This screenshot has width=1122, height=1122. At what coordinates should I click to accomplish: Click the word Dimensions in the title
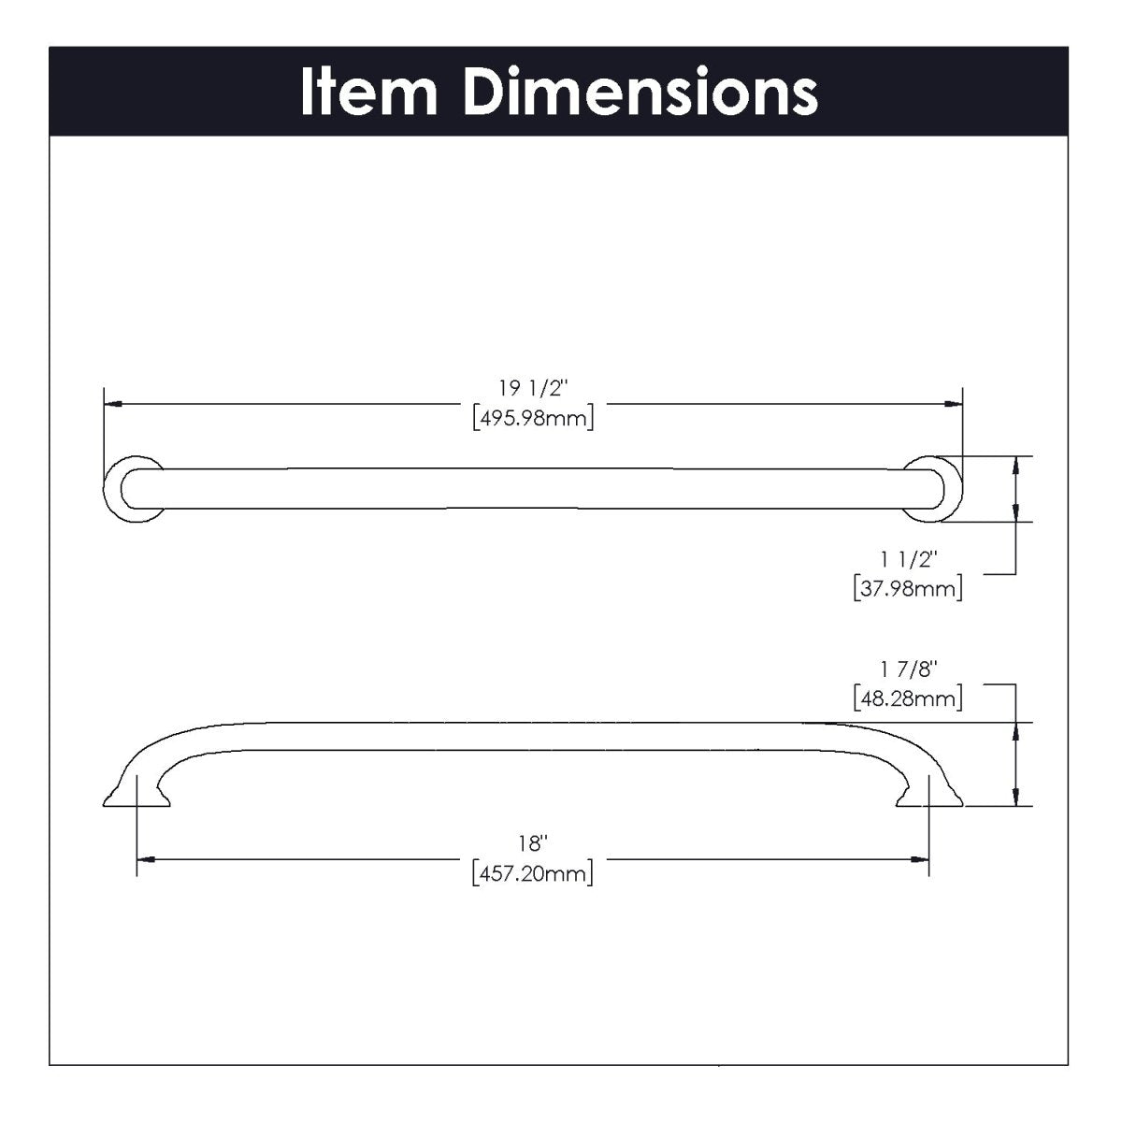coord(640,92)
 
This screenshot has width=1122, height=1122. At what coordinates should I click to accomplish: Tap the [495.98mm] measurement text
coord(533,418)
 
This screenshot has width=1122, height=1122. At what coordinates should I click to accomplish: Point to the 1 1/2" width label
coord(908,558)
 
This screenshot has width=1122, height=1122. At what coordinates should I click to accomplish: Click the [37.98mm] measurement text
coord(908,588)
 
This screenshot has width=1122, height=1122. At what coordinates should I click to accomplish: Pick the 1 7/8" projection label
coord(908,669)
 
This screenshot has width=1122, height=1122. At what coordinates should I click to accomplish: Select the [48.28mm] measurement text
coord(908,698)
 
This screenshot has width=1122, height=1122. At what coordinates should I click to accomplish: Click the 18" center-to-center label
coord(533,844)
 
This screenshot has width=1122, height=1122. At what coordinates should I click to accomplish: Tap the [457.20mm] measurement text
coord(533,874)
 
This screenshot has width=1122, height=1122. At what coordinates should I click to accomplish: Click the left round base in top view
coord(131,488)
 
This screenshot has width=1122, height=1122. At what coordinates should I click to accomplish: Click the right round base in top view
coord(935,488)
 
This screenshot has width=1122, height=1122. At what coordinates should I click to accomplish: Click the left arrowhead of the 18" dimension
coord(146,859)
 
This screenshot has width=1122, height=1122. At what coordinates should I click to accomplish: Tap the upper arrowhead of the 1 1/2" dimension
coord(1015,464)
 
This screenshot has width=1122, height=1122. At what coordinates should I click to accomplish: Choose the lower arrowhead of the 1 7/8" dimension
coord(1015,797)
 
